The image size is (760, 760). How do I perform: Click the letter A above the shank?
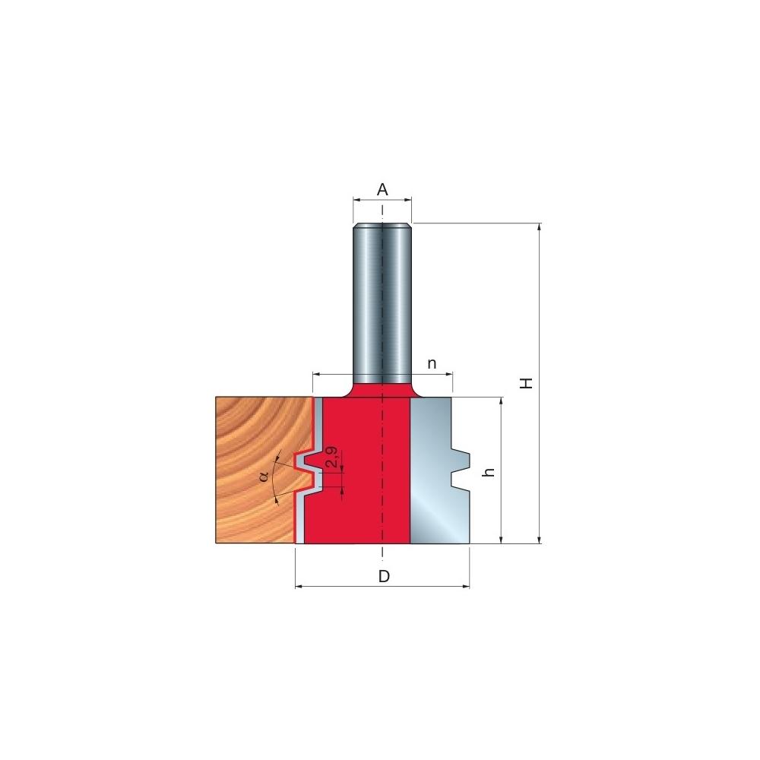(382, 189)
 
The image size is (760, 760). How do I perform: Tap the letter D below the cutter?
(384, 576)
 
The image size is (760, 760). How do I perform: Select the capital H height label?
(527, 383)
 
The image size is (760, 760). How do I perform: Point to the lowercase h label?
(489, 472)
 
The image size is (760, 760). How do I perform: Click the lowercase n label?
(432, 363)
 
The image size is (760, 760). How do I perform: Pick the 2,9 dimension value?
(333, 457)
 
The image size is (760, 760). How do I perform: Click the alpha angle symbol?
(264, 477)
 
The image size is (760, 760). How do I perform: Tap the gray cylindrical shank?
(382, 303)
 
